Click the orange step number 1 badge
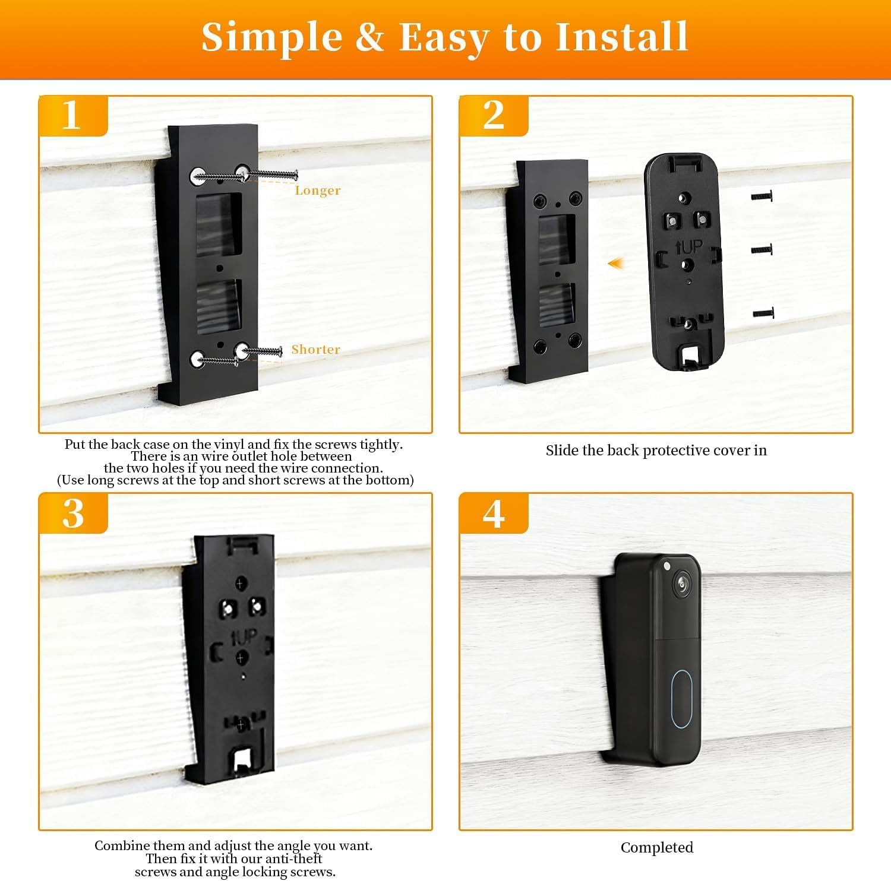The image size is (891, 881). coord(73,116)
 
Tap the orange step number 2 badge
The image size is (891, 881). coord(494,116)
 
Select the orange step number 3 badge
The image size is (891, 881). coord(73,514)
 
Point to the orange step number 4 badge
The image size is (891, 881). coord(494,514)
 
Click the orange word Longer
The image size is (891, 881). coord(318,191)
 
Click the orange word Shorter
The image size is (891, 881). coord(316,349)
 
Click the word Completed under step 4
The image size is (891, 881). coord(657,847)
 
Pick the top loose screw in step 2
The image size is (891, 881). coord(762,195)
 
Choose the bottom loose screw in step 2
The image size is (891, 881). coord(763,313)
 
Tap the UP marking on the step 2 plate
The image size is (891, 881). coord(689,246)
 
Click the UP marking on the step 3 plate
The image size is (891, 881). coord(244,638)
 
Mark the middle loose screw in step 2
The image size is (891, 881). coord(762,249)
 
